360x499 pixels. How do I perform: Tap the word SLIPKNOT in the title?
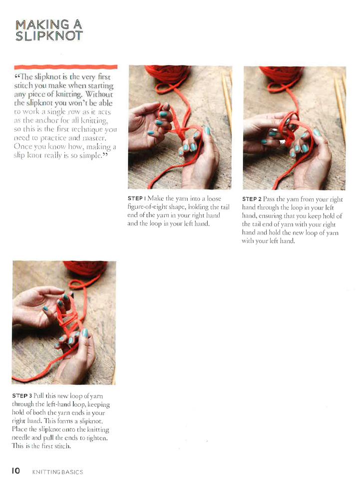click(x=49, y=36)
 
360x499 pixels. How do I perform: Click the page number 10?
click(x=16, y=471)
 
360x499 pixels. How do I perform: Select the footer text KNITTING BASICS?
click(x=57, y=472)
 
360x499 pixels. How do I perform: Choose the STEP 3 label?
click(x=22, y=395)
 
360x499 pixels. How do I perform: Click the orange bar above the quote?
click(x=66, y=66)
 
